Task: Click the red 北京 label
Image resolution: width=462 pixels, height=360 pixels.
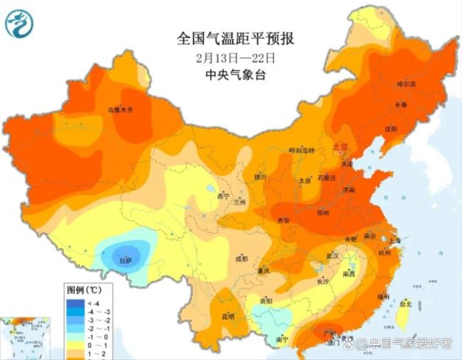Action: tap(341, 147)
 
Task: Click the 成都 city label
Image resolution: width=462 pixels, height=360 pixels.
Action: tap(241, 258)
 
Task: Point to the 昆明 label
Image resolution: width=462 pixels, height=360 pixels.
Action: tap(227, 316)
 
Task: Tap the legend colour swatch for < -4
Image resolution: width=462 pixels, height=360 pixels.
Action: tap(72, 302)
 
